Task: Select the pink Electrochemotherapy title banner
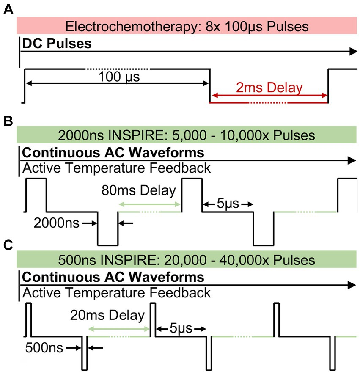[x=186, y=26]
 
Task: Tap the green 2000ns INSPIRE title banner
[x=186, y=135]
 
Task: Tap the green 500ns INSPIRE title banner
[x=186, y=259]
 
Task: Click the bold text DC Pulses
[x=57, y=44]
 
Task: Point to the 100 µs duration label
[x=118, y=77]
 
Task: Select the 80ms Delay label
[x=138, y=191]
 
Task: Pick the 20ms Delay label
[x=108, y=315]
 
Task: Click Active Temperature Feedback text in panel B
[x=116, y=168]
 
